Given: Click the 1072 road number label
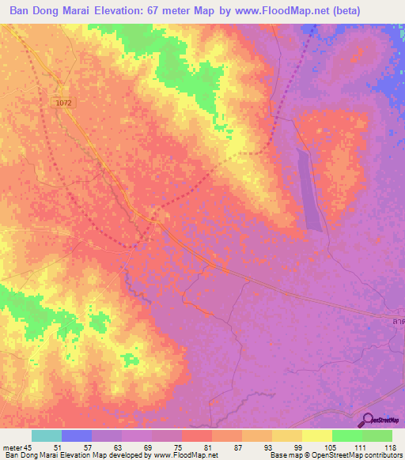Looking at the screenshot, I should point(63,103).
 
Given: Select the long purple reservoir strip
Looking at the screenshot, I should point(312,190).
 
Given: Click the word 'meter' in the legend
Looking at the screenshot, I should point(13,447).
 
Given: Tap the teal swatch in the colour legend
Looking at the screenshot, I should point(46,435).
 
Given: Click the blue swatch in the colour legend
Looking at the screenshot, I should point(76,435).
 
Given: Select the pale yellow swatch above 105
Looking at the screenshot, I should point(316,435).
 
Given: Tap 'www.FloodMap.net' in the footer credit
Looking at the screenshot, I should point(181,455).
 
